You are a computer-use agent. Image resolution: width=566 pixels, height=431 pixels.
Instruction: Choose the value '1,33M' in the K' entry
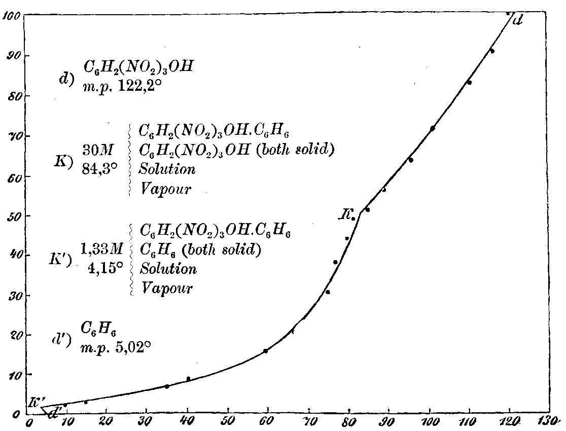[102, 248]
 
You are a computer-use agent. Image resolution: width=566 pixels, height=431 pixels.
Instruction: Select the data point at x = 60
[265, 351]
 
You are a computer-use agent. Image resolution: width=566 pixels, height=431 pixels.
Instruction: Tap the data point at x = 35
[167, 386]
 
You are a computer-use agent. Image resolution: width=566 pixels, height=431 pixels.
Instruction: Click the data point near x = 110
[469, 82]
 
